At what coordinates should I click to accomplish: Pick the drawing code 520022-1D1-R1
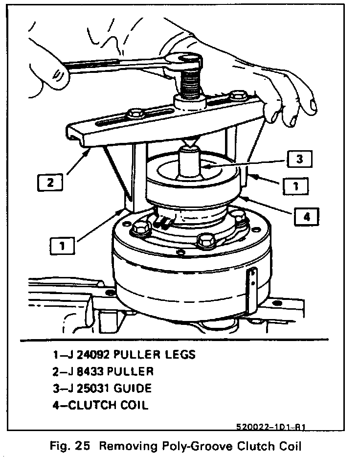[x=273, y=427]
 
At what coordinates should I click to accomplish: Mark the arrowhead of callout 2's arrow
[x=88, y=152]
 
